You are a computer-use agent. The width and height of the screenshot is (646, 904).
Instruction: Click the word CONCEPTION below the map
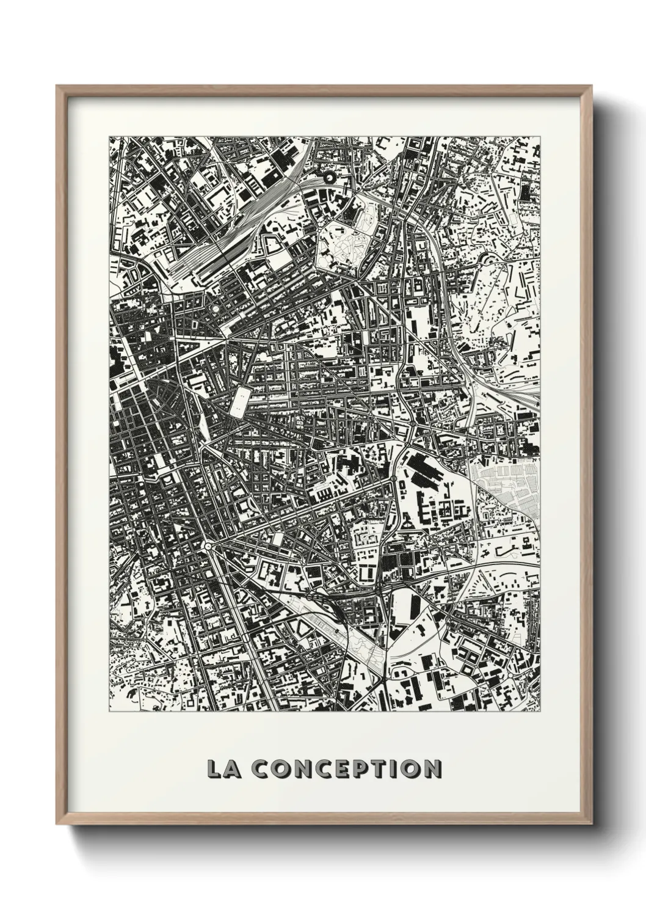346,768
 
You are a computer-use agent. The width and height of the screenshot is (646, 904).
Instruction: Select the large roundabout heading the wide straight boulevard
208,545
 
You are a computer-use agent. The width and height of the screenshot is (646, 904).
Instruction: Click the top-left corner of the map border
109,137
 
